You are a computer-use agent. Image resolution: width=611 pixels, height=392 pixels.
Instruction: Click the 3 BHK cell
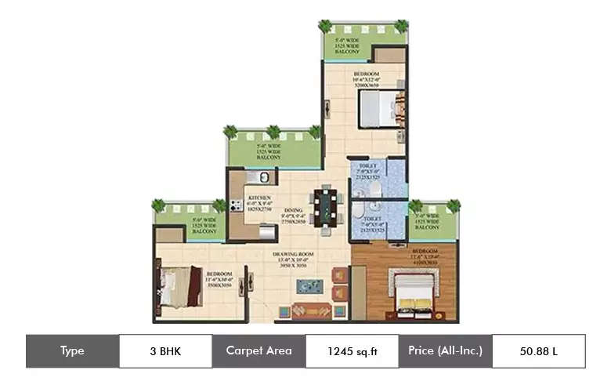coord(165,351)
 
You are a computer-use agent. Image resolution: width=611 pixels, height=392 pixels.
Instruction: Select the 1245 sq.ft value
coord(352,351)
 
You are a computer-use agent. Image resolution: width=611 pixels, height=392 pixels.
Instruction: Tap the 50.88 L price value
coord(538,351)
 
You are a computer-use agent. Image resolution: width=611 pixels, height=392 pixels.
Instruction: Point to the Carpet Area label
coord(258,351)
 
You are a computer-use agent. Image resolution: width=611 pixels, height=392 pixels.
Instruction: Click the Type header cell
coord(72,351)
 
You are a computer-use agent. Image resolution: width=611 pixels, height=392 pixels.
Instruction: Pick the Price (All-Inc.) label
coord(445,351)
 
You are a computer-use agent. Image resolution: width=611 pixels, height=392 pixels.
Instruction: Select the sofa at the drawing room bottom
coord(311,309)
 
